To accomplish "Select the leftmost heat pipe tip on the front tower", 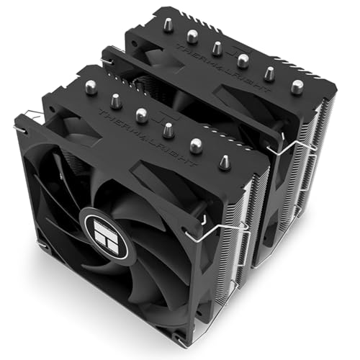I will coord(91,89).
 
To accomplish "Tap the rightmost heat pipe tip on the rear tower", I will coord(297,87).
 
